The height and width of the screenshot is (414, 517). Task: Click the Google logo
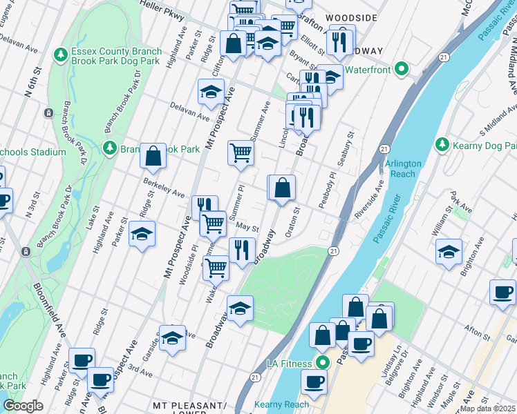(23, 406)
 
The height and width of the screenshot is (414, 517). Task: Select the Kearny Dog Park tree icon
(442, 144)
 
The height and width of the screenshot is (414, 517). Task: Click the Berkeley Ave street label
(163, 188)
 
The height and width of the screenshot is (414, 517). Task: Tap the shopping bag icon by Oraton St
(282, 188)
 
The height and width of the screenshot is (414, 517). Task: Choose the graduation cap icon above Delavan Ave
(211, 92)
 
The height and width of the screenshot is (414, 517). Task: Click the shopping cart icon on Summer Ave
(241, 152)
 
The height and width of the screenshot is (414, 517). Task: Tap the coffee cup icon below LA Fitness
(314, 382)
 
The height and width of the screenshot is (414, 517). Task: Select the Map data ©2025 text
(488, 408)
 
